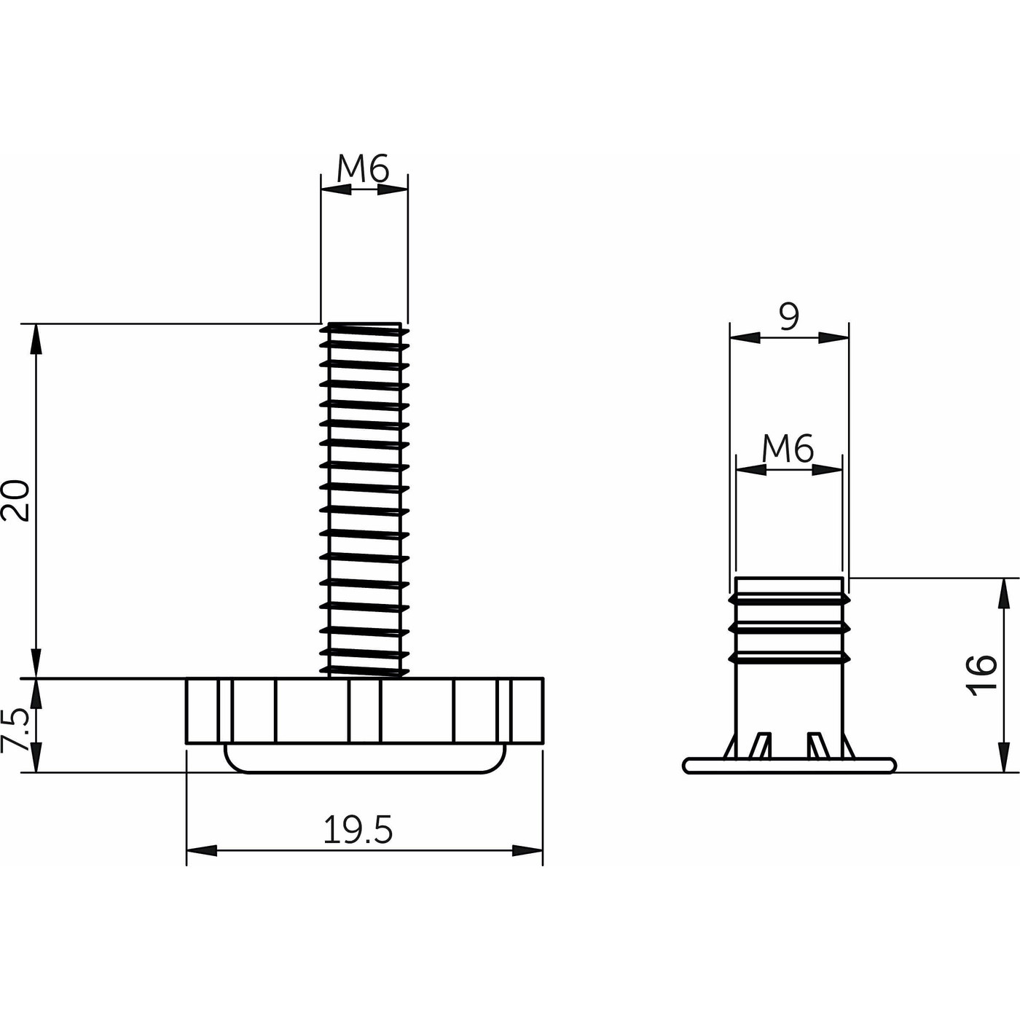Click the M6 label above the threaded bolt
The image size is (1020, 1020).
tap(363, 170)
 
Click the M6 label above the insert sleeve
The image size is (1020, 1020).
tap(788, 450)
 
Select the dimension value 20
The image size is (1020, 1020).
tap(16, 500)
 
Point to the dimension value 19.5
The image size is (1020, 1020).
tap(358, 831)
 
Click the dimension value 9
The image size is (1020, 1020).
tap(789, 318)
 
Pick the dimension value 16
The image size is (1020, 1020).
tap(982, 675)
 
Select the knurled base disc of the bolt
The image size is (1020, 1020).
tap(364, 710)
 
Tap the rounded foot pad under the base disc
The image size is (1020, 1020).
tap(364, 758)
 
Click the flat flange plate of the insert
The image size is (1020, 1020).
tap(789, 765)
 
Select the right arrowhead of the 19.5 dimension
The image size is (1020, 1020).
tap(527, 850)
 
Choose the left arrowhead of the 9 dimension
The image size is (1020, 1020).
tap(745, 337)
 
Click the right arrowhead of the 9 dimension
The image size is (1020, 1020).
tap(834, 337)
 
